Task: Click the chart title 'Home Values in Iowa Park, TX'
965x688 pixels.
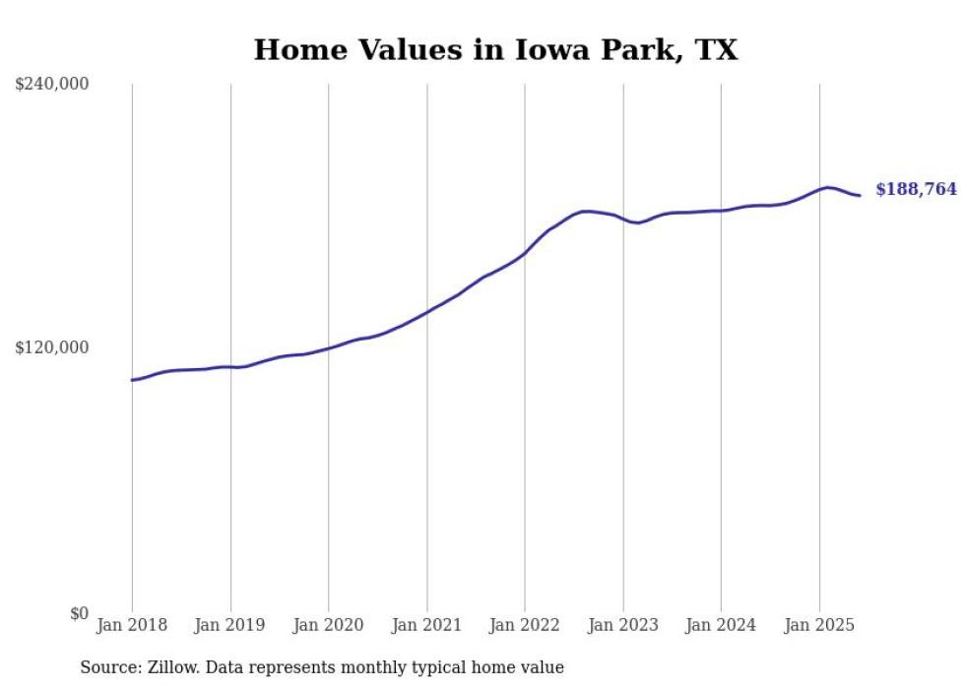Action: (x=495, y=49)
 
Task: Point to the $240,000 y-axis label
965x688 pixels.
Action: (x=52, y=85)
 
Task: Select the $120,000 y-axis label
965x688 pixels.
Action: (x=52, y=347)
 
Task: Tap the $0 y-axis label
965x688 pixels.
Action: (x=79, y=613)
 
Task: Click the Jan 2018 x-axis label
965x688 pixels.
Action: (x=132, y=625)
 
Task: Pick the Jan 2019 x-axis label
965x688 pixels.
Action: (x=230, y=625)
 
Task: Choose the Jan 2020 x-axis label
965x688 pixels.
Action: (x=328, y=625)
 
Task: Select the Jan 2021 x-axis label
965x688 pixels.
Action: (x=426, y=625)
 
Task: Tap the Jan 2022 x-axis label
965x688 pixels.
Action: (x=525, y=625)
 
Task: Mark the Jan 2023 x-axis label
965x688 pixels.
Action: (x=622, y=625)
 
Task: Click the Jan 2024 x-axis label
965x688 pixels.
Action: (x=721, y=625)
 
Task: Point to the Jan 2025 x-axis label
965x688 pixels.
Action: (x=819, y=625)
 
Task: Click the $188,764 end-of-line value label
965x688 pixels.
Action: (x=916, y=189)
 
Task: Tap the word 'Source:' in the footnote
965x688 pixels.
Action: (x=110, y=667)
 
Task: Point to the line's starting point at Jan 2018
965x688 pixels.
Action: (x=132, y=380)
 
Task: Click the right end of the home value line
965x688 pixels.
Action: (x=861, y=195)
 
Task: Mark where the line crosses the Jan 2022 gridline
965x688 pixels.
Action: (x=525, y=253)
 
